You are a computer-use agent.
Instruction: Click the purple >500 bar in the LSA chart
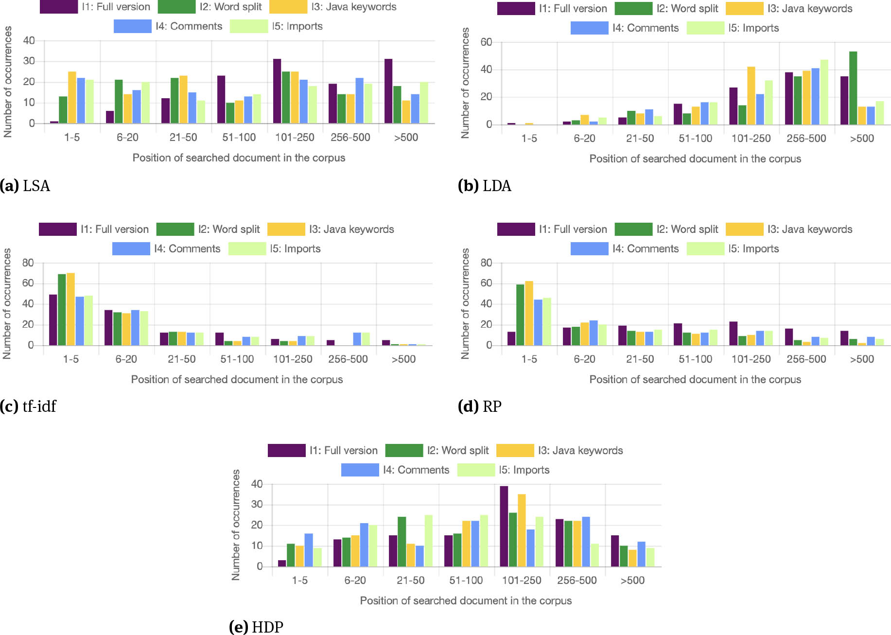(388, 91)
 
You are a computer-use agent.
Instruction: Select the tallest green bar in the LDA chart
(853, 88)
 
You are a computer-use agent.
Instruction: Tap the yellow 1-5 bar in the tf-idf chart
(71, 309)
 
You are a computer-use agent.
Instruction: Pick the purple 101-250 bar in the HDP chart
(504, 526)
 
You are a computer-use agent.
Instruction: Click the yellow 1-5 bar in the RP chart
(529, 313)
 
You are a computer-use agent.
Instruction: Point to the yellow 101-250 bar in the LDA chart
(751, 96)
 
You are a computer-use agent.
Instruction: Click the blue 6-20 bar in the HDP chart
(364, 545)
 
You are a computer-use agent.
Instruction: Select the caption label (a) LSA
(25, 186)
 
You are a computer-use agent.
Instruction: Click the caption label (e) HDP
(256, 627)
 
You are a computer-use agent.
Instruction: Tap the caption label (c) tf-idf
(28, 406)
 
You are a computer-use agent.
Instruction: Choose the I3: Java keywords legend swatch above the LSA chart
(288, 7)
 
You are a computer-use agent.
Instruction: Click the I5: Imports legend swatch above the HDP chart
(476, 470)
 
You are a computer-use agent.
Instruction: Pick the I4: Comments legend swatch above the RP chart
(589, 248)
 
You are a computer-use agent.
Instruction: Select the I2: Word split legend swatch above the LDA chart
(633, 8)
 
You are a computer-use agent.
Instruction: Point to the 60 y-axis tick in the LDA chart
(486, 42)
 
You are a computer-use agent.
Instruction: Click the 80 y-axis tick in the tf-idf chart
(28, 263)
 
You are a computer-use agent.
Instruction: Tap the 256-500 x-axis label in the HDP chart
(577, 580)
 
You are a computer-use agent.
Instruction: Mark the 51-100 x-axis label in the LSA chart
(239, 137)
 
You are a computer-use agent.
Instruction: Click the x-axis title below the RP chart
(695, 379)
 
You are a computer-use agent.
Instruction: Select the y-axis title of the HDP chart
(236, 525)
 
